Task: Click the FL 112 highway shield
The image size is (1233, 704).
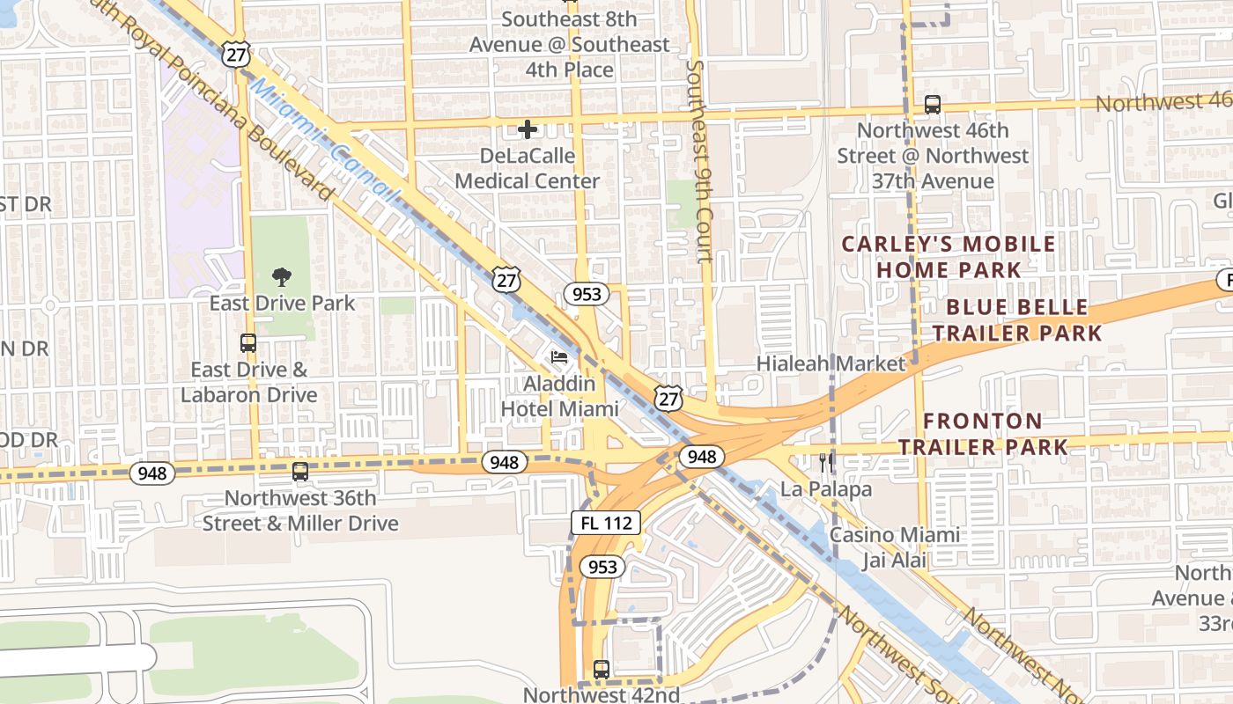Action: tap(606, 523)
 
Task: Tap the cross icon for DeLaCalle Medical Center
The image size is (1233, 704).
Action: tap(528, 130)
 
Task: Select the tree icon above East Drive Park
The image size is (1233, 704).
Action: tap(282, 278)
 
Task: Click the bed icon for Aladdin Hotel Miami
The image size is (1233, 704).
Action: tap(559, 357)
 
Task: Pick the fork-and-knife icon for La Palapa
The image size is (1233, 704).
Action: tap(826, 462)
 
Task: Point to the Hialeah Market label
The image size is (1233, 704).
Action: tap(831, 363)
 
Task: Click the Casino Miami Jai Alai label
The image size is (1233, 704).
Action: tap(895, 548)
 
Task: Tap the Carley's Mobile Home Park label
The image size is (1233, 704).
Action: tap(948, 257)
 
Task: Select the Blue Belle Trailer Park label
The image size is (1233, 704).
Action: tap(1017, 320)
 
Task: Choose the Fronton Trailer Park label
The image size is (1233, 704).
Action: tap(983, 434)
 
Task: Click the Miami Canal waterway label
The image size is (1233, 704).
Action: tap(326, 141)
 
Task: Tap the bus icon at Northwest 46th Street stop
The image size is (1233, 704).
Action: tap(933, 105)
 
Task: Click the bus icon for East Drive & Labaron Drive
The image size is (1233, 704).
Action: tap(248, 343)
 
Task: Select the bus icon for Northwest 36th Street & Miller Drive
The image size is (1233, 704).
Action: tap(300, 472)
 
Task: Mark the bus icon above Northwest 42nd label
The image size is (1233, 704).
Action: tap(602, 670)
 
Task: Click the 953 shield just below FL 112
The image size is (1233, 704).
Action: tap(602, 567)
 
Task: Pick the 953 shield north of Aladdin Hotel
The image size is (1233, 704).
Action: tap(587, 294)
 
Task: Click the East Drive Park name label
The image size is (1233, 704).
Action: tap(282, 304)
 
